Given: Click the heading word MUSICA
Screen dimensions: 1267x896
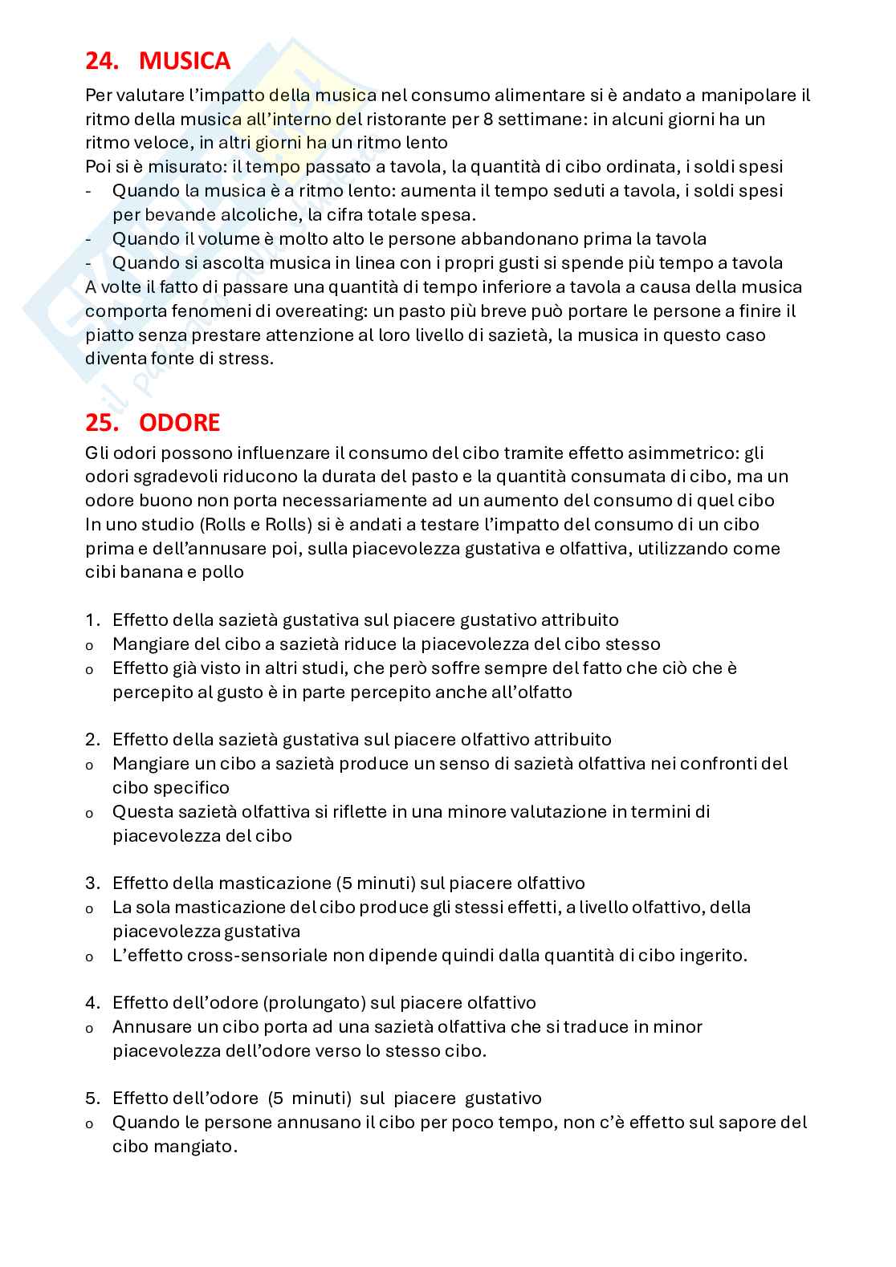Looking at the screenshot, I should point(184,61).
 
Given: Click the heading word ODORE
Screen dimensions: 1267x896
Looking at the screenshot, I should point(179,422).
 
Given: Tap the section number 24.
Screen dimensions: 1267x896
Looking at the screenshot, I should point(103,61).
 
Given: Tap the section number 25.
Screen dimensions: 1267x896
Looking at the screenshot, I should point(103,422).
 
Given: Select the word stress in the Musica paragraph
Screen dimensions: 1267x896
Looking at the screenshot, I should point(244,359).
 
